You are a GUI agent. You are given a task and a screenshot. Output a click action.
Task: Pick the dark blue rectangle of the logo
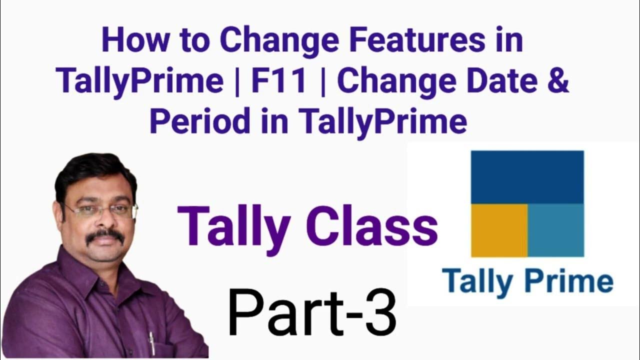tap(527, 177)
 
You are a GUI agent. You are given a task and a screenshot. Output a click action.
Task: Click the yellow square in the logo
tap(499, 230)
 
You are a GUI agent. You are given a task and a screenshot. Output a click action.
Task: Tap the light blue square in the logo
tap(555, 230)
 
